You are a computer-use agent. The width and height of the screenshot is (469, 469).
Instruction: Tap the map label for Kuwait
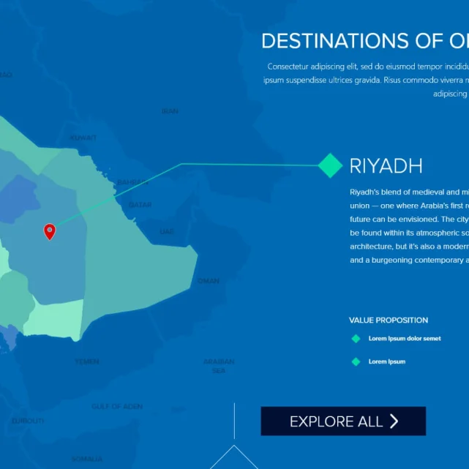tap(83, 138)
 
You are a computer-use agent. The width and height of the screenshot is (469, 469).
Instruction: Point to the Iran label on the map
tap(169, 111)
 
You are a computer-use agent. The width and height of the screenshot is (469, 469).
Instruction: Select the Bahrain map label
tap(133, 182)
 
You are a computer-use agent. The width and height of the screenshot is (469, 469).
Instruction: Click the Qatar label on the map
tap(140, 205)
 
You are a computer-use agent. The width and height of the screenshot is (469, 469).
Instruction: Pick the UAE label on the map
tap(167, 231)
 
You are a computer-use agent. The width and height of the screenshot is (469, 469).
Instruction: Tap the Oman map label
tap(208, 281)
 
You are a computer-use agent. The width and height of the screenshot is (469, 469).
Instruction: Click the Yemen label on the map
tap(86, 361)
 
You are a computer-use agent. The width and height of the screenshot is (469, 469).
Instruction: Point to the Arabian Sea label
tap(219, 366)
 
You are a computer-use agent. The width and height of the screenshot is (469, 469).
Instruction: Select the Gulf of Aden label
tap(117, 406)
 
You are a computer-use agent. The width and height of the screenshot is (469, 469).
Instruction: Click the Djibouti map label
tap(28, 421)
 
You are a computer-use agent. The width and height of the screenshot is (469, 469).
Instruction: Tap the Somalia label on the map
tap(86, 459)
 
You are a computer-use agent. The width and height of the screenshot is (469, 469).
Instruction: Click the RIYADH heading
tap(386, 166)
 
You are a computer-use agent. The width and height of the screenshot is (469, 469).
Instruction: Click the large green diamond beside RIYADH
tap(331, 165)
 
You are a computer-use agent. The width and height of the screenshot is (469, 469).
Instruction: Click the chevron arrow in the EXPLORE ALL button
tap(394, 421)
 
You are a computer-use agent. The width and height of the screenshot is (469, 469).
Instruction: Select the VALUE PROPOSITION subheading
tap(389, 320)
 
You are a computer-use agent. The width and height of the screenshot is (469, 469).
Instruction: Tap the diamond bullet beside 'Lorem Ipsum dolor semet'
tap(356, 339)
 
